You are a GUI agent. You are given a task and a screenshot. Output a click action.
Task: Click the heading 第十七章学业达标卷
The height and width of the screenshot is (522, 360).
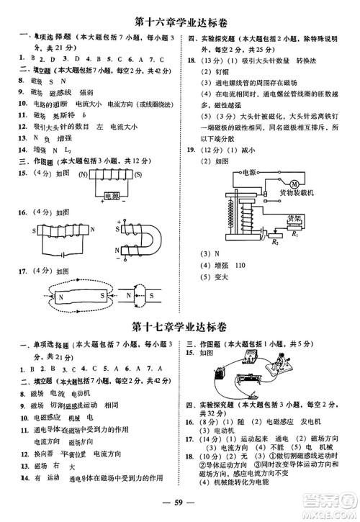pos(181,326)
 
